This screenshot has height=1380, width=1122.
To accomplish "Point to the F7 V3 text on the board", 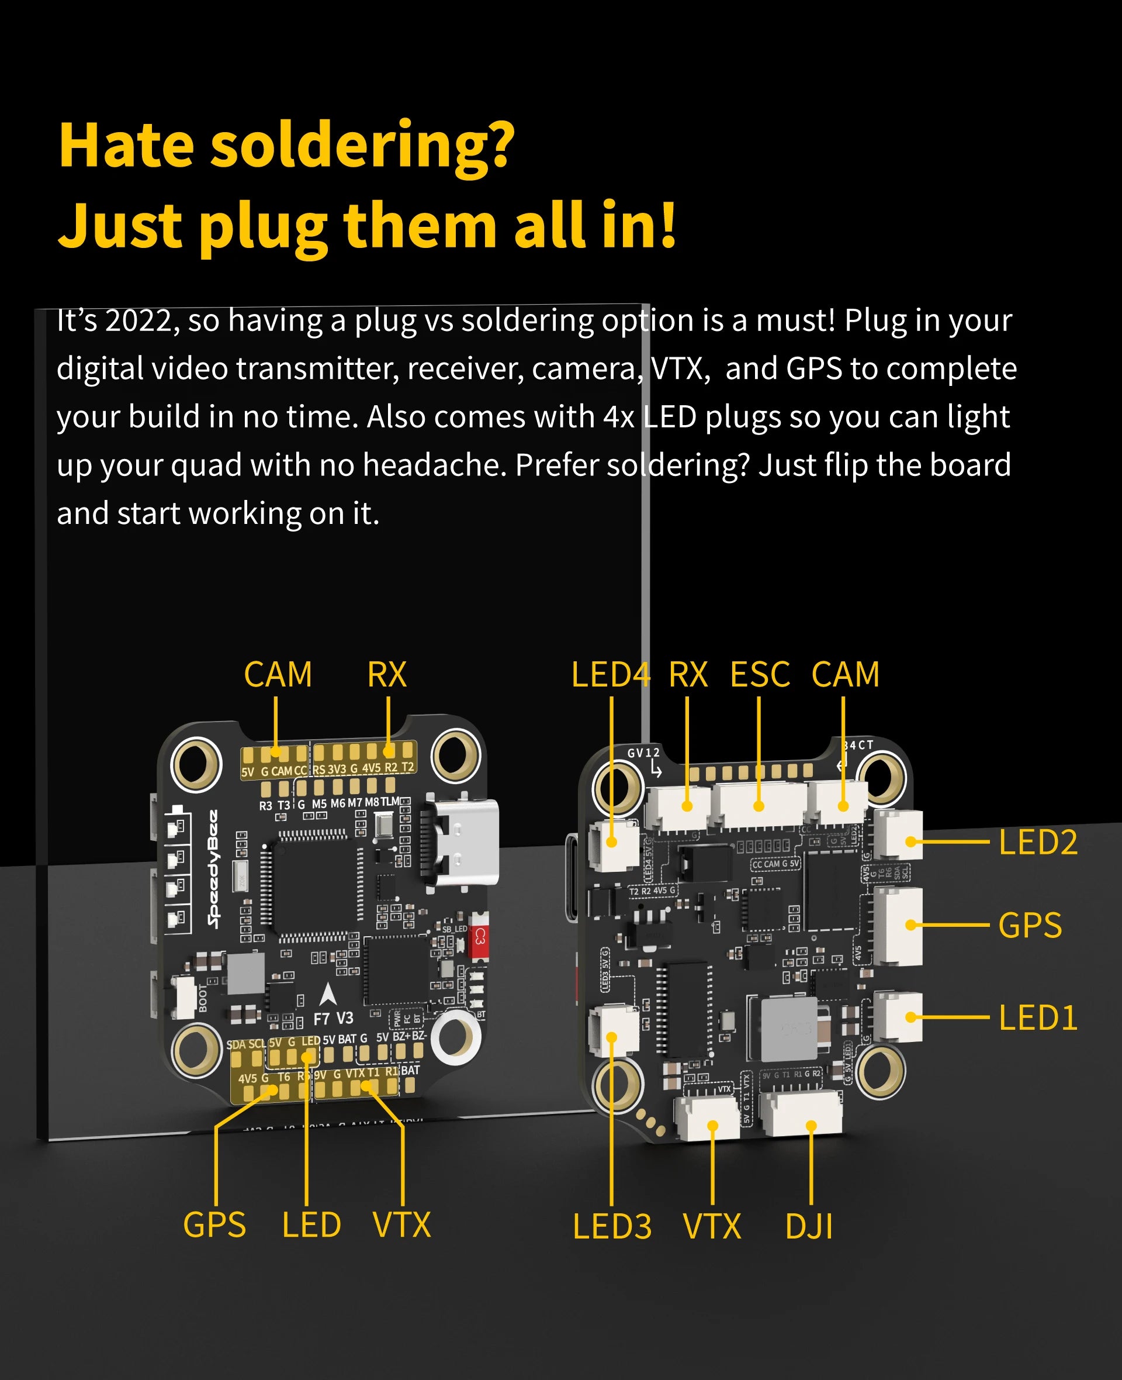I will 334,1019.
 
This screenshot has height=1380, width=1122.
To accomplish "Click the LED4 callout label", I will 610,675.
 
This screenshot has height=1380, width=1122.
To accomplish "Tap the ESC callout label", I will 760,675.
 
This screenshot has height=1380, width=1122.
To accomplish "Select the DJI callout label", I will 809,1227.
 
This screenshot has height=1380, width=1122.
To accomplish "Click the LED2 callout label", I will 1038,843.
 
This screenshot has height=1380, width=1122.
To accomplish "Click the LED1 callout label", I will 1038,1018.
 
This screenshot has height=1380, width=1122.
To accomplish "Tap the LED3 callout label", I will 612,1227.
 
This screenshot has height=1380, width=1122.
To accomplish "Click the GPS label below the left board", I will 214,1225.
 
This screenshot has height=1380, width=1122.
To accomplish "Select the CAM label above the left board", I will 278,675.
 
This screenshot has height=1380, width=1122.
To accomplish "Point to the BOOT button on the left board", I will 186,995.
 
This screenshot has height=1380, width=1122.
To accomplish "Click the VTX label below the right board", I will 712,1227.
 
